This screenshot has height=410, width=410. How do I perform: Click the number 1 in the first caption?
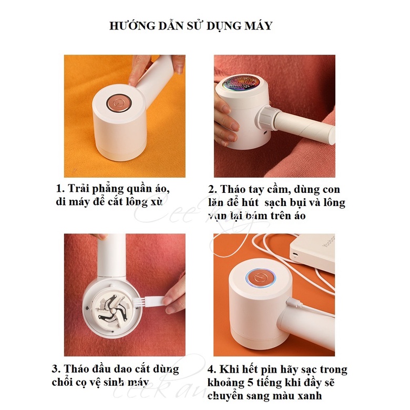pyautogui.click(x=59, y=189)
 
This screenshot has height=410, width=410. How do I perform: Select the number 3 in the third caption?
pyautogui.click(x=56, y=369)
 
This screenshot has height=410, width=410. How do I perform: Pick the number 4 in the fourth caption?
pyautogui.click(x=211, y=370)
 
